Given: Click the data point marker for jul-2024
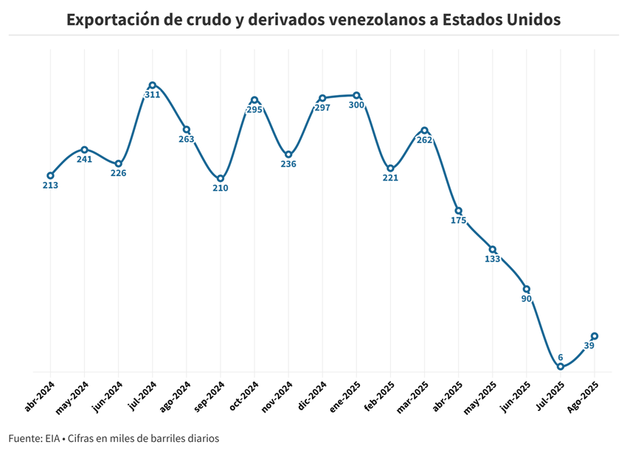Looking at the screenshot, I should coord(153,85).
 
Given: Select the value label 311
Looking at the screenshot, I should coord(153,95).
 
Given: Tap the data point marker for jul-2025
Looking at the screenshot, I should coord(561,367).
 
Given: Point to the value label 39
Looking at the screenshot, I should coord(590,345).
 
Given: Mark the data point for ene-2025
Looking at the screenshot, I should coord(356,95).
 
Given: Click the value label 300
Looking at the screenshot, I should coord(356,105).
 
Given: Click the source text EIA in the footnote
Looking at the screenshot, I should coord(54,438).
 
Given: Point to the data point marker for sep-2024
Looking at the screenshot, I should coord(221,178).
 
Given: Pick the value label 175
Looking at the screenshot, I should coord(458,220).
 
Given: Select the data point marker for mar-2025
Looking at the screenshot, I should coord(424,130).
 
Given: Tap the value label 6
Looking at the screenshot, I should coord(561,357).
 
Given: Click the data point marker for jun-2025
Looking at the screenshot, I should coord(526,289).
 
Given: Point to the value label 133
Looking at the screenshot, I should coord(492,259).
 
